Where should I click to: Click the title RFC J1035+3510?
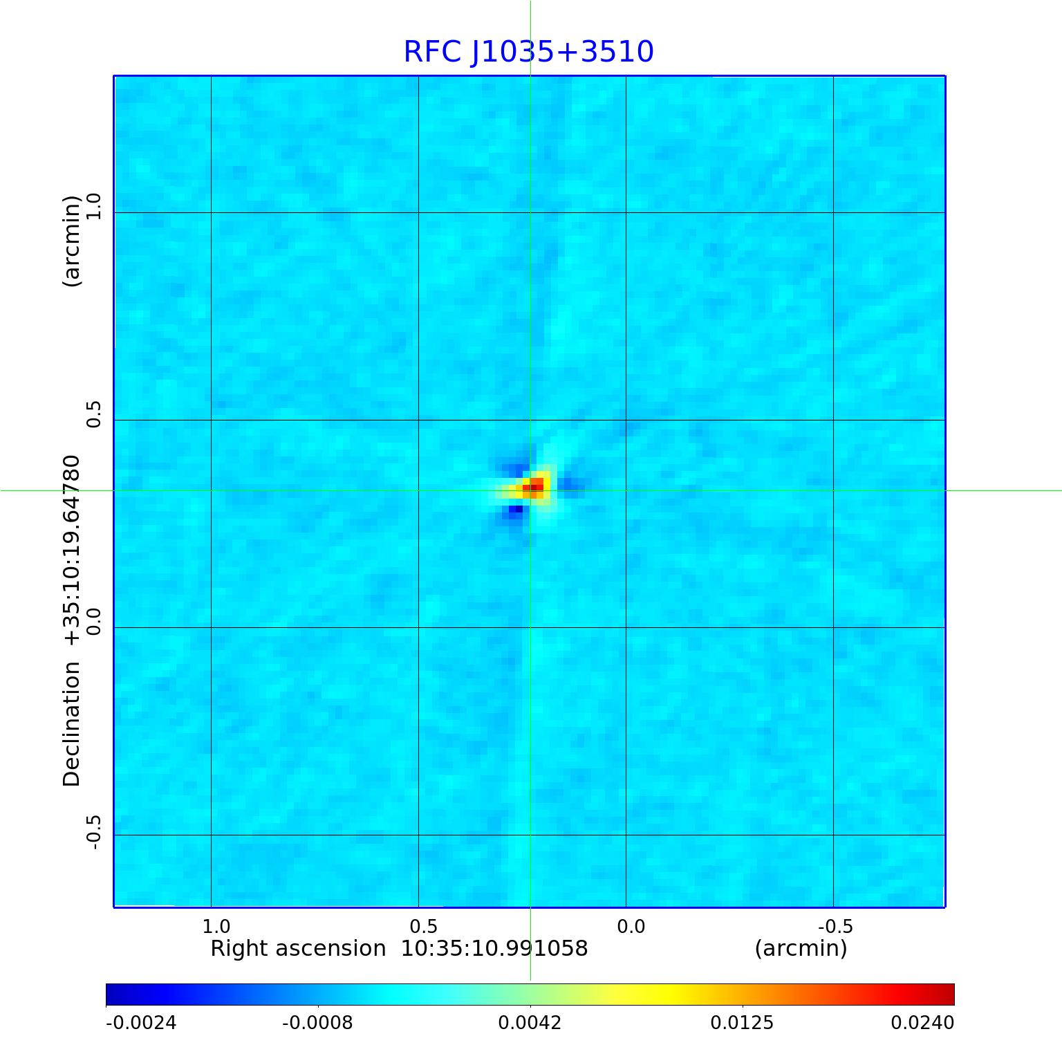528,52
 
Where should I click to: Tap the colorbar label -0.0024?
141,1022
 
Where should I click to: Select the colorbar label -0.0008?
318,1022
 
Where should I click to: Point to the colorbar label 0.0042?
530,1022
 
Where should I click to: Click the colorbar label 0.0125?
743,1022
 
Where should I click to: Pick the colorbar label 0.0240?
922,1022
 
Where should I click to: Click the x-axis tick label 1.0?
216,926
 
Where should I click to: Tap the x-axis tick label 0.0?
631,926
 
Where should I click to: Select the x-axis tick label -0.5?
835,926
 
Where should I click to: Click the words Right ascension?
298,948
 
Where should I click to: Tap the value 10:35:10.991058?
494,948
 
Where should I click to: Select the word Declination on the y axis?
72,723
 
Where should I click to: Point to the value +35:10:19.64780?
72,551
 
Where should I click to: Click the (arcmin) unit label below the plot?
801,948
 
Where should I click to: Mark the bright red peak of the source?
537,488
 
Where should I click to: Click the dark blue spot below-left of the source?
515,510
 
